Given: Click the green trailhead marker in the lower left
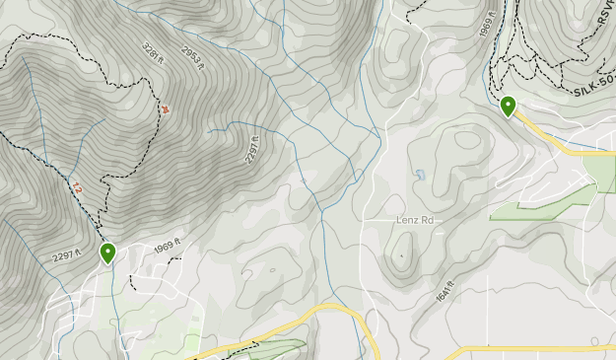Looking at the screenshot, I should (x=107, y=252).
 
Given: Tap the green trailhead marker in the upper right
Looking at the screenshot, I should (x=509, y=105).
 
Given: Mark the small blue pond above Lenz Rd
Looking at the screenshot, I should (x=420, y=176).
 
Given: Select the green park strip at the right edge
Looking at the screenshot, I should (x=598, y=173).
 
